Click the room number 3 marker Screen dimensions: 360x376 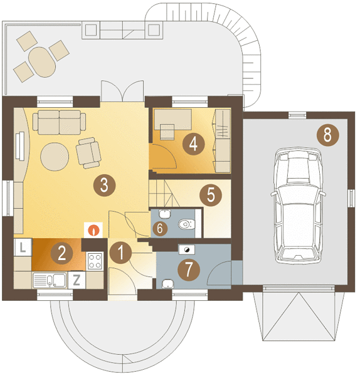tap(104, 185)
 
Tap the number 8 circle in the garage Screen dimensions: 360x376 tap(327, 135)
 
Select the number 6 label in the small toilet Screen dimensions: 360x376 tap(159, 228)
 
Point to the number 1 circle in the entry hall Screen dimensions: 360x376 tap(120, 253)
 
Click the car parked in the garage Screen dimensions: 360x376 tap(299, 206)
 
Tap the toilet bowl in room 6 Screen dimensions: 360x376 tap(186, 224)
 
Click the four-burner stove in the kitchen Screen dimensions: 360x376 tap(95, 261)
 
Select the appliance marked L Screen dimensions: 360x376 tap(23, 248)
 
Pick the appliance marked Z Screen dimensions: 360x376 tap(77, 280)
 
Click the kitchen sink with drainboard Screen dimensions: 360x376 tap(49, 280)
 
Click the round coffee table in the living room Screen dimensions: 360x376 tap(55, 157)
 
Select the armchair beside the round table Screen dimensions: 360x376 tap(88, 153)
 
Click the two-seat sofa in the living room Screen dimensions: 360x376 tap(60, 122)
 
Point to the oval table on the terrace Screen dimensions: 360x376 tap(42, 62)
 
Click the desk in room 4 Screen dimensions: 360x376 tap(173, 120)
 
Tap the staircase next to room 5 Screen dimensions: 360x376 tap(164, 193)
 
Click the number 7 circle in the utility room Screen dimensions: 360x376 tap(189, 269)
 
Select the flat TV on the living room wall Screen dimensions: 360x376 tap(20, 146)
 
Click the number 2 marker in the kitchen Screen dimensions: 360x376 tap(61, 253)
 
